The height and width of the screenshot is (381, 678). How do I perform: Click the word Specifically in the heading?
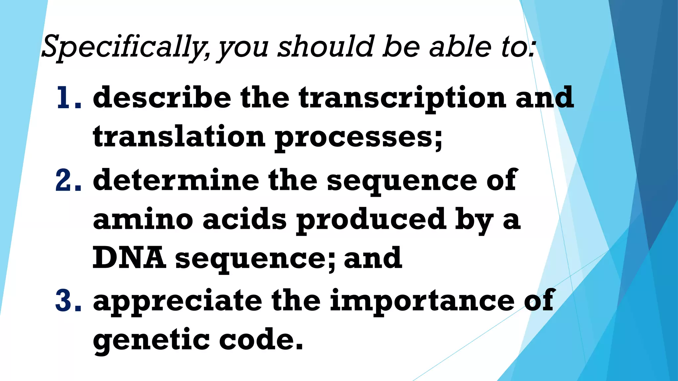[x=124, y=47]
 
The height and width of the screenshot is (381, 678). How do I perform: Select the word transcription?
[x=402, y=99]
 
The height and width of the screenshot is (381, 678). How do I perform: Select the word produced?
[x=371, y=220]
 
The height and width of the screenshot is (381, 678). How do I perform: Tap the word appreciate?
[x=177, y=302]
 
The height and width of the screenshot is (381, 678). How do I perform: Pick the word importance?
[x=422, y=302]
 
